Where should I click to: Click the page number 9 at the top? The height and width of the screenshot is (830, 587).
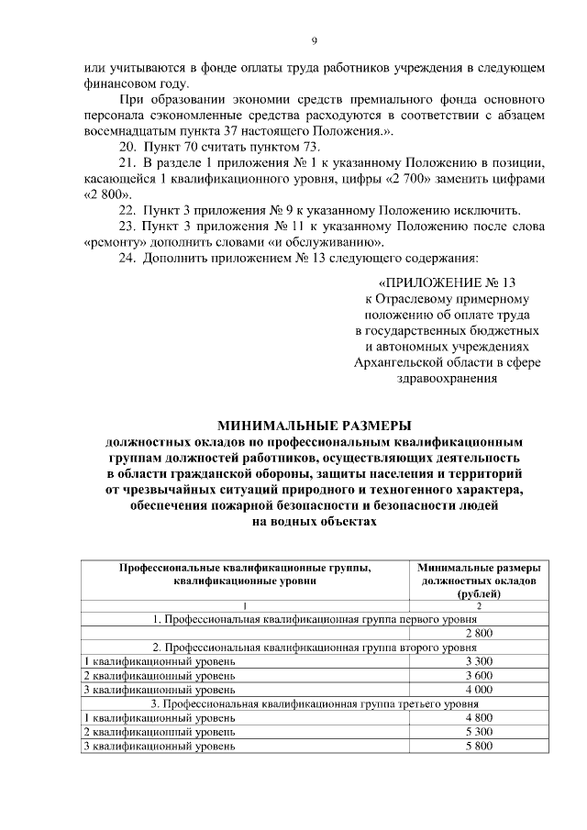coord(314,41)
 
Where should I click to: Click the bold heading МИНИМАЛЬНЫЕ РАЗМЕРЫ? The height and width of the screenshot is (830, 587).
coord(314,425)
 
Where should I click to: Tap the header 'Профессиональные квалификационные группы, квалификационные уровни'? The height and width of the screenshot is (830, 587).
coord(245,574)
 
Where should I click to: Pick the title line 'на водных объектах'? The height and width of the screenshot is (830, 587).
coord(314,520)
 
